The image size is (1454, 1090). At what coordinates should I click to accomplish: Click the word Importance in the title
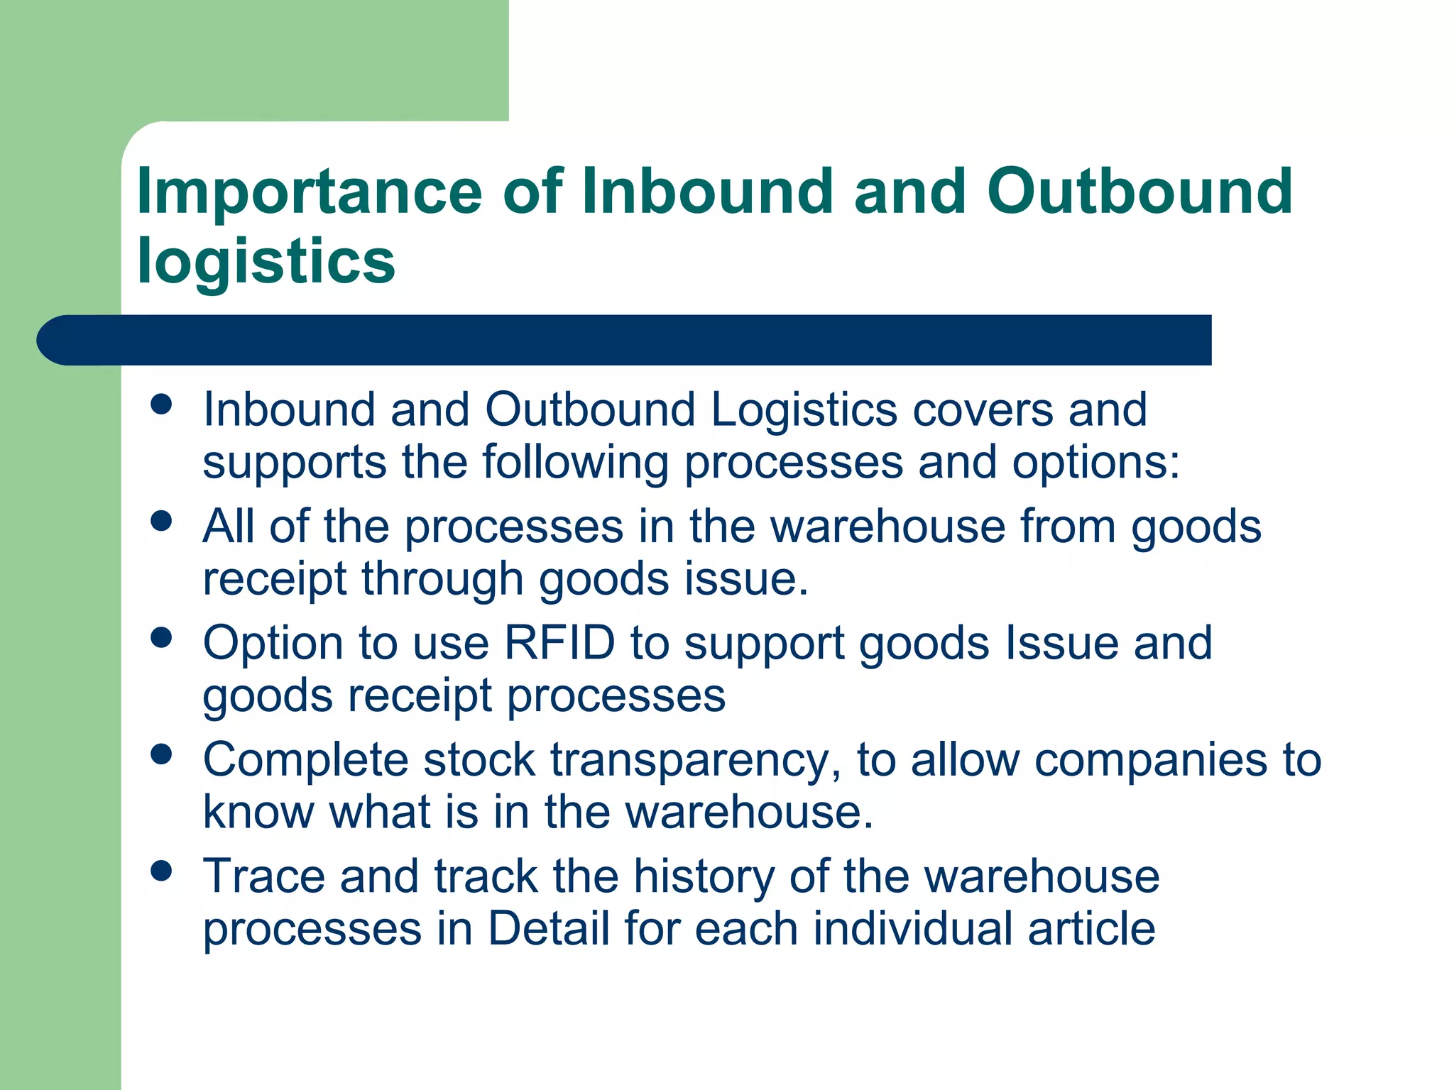point(309,192)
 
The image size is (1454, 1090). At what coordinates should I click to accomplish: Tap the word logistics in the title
point(266,261)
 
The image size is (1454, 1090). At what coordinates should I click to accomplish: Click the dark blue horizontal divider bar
point(625,340)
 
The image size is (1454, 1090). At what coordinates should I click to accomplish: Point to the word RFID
point(559,643)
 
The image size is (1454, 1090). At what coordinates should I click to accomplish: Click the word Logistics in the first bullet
point(804,410)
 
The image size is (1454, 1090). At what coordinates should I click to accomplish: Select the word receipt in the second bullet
point(275,579)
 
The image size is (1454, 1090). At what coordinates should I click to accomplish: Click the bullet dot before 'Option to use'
point(162,637)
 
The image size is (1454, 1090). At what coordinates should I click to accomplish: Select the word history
point(704,877)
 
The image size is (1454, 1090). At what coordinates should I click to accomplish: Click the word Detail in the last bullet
point(549,928)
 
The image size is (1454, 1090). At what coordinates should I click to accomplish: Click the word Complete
point(305,761)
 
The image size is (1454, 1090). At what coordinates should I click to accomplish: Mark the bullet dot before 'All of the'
point(162,521)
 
